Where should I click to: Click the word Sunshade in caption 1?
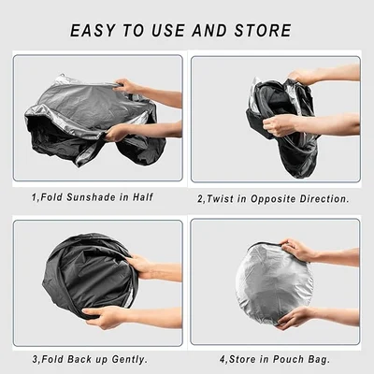89,196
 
